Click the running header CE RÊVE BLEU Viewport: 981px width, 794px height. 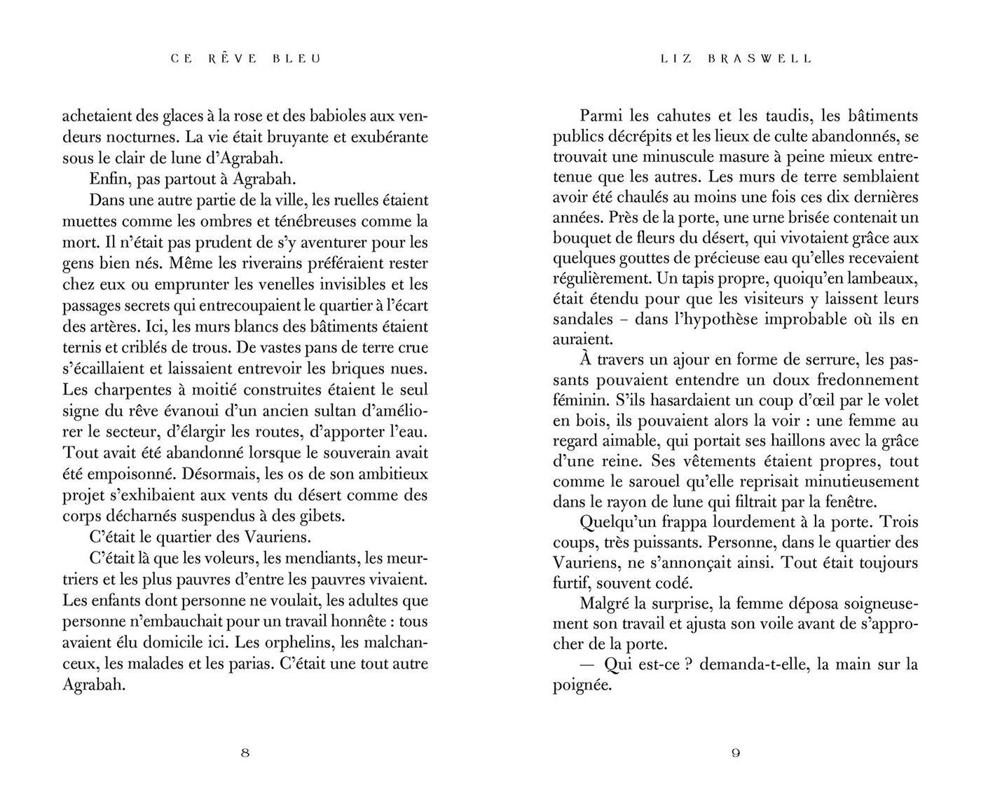point(245,59)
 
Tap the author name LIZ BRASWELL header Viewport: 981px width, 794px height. point(736,59)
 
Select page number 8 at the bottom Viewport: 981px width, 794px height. point(245,753)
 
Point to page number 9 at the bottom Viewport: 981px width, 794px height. point(736,753)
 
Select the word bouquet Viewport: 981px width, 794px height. point(581,238)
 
